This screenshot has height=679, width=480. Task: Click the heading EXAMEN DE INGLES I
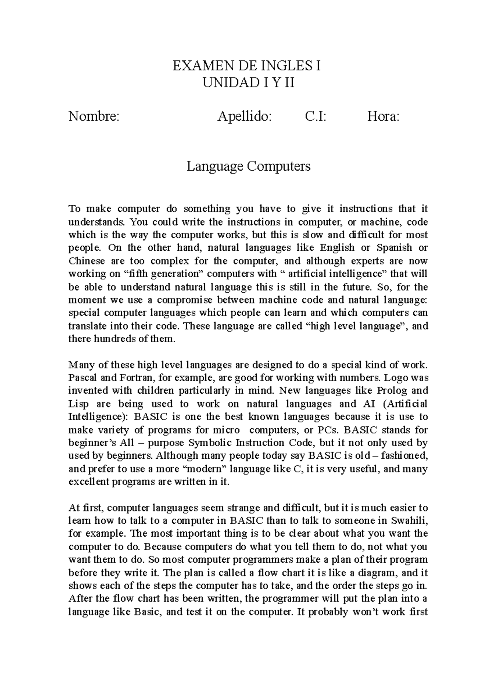click(x=246, y=66)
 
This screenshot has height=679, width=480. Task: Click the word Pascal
click(x=81, y=377)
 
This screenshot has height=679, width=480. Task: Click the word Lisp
click(x=76, y=403)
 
